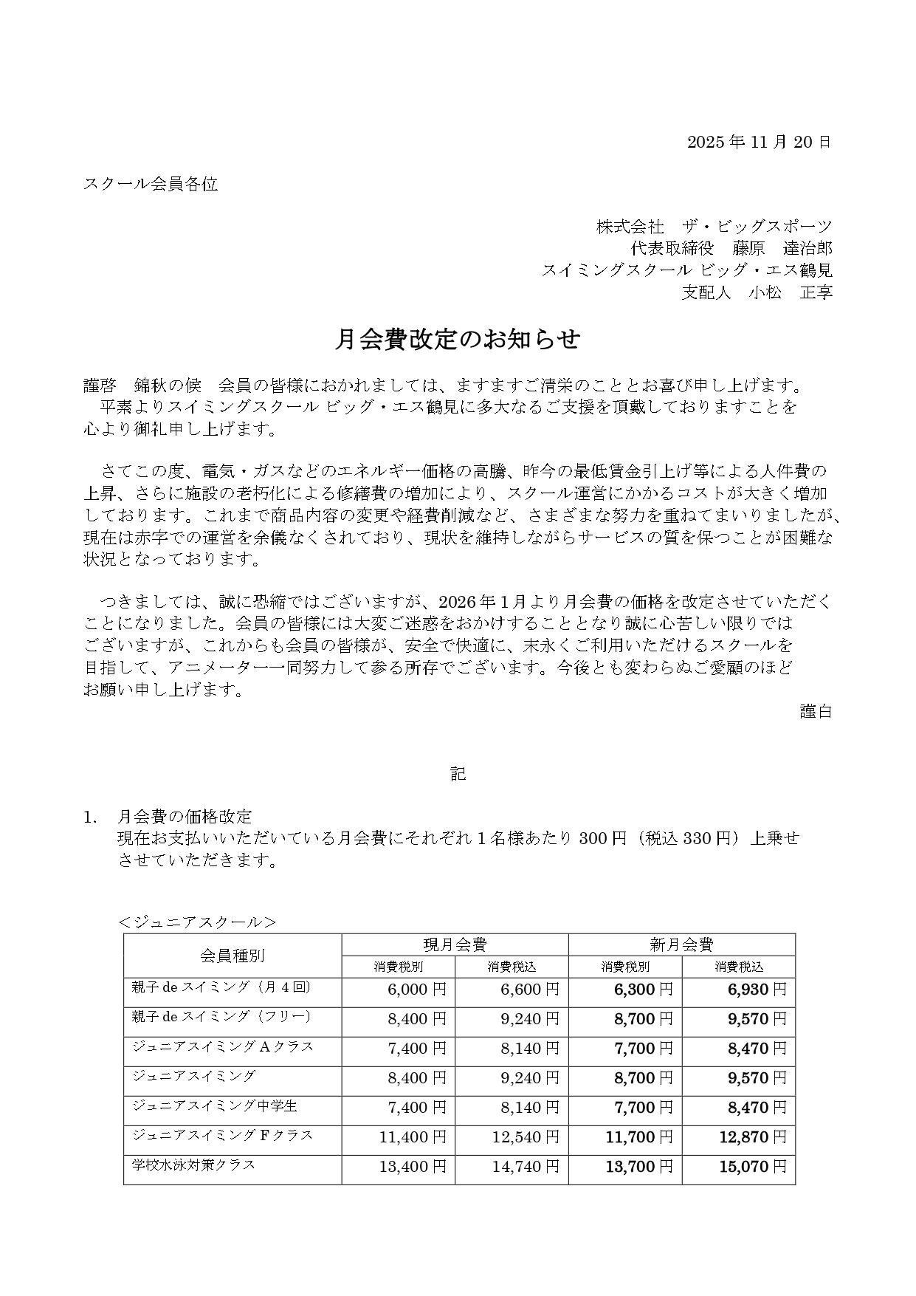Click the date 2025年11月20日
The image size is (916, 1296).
point(759,142)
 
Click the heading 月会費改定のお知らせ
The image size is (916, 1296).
point(458,339)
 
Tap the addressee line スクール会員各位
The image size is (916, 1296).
point(151,184)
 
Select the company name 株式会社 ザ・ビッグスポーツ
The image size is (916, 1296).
point(714,227)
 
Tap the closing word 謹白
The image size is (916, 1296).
point(816,711)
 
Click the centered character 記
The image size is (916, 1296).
point(458,774)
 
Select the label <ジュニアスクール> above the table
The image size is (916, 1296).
point(197,922)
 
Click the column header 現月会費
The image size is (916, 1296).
point(455,944)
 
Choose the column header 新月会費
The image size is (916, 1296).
point(681,944)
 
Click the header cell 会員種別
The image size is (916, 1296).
point(232,955)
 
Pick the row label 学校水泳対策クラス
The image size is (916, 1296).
point(194,1165)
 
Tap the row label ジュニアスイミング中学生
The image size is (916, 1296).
point(204,1105)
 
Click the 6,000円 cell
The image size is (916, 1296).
point(417,990)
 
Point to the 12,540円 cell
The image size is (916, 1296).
point(526,1137)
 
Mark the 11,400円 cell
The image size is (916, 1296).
point(413,1137)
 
